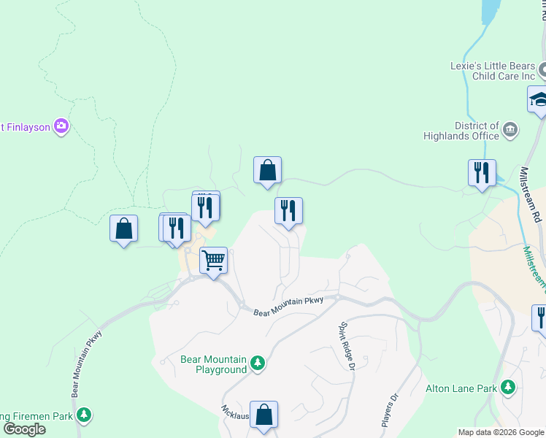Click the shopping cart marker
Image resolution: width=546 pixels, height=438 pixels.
click(x=213, y=259)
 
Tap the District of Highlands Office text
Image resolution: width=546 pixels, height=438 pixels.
click(x=461, y=131)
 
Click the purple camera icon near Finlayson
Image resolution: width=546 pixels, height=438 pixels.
click(x=61, y=126)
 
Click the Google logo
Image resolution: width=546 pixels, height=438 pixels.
click(x=24, y=429)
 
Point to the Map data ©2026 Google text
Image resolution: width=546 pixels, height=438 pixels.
click(x=501, y=432)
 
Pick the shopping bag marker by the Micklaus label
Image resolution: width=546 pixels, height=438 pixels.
click(x=264, y=414)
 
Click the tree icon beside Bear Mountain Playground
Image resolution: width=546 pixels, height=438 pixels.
click(x=257, y=363)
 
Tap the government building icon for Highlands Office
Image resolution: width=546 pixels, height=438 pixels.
click(x=510, y=131)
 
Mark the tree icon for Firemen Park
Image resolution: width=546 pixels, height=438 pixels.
click(x=85, y=415)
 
